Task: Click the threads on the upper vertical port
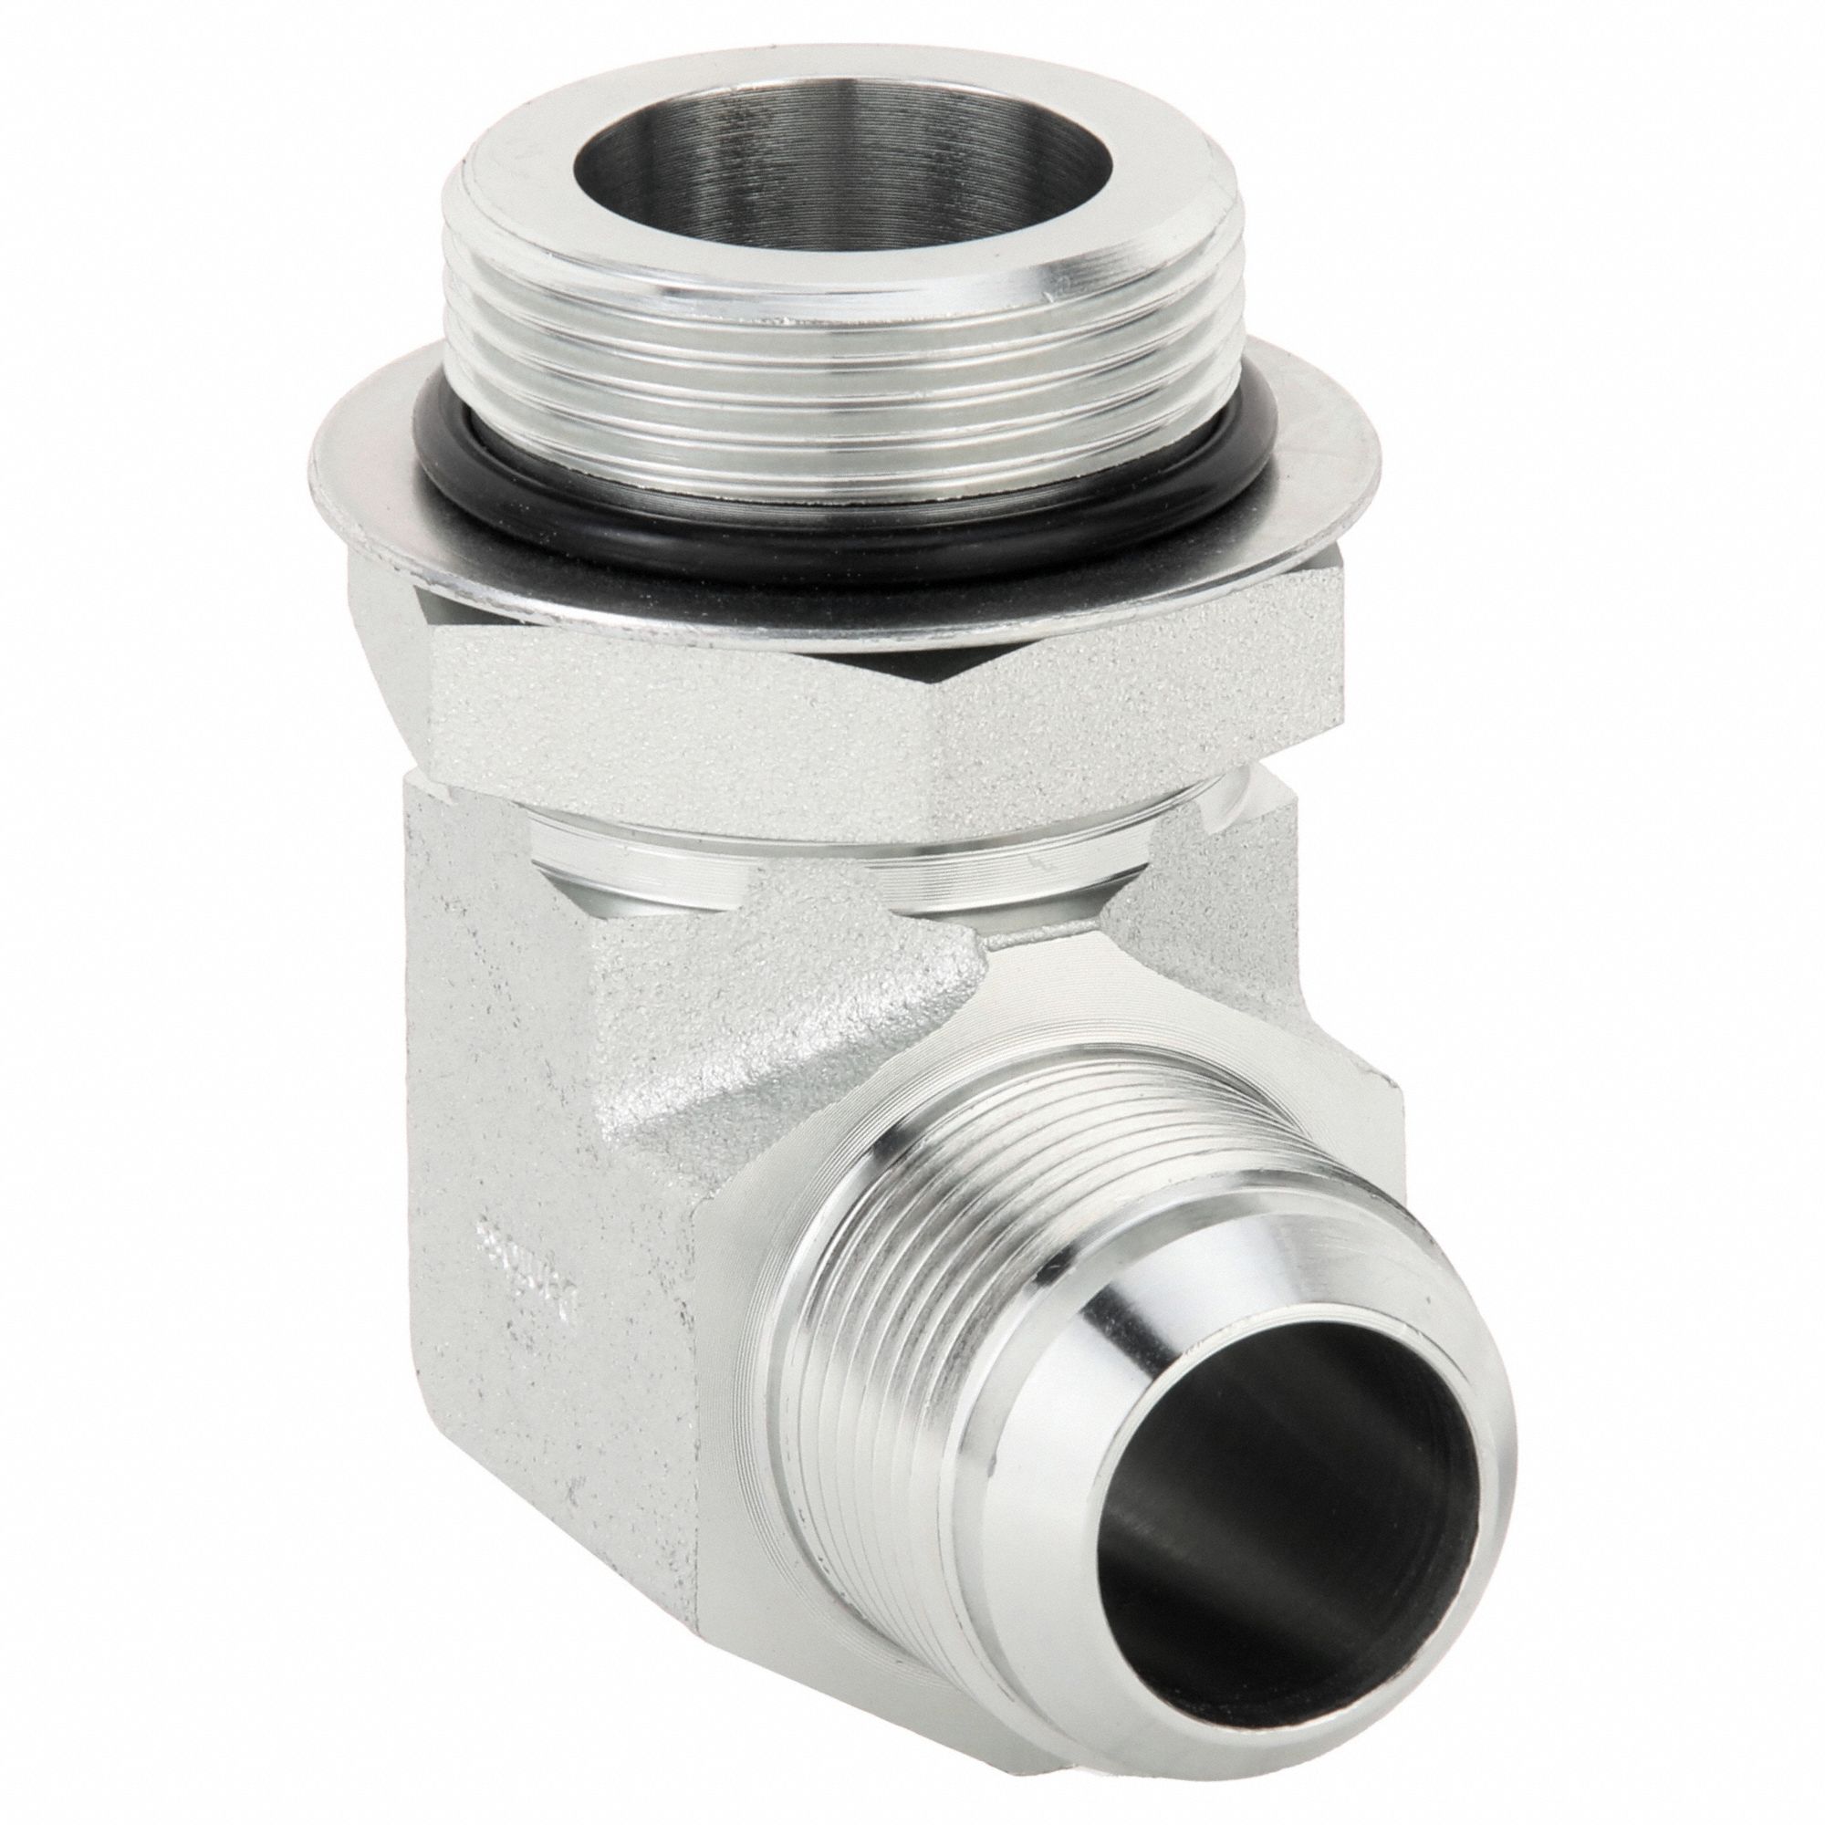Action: [831, 378]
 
